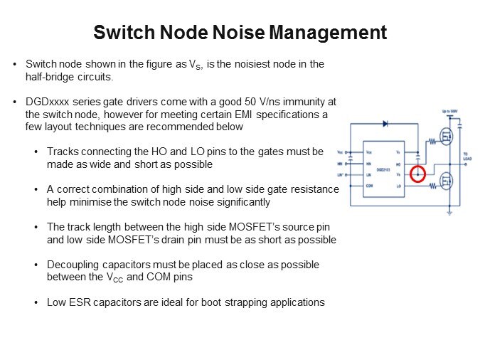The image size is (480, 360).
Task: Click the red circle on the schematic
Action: coord(418,174)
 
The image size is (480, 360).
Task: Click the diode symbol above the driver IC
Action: coord(385,124)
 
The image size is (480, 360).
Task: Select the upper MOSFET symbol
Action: coord(445,137)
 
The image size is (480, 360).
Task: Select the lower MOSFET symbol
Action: coord(445,182)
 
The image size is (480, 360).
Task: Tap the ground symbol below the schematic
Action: coord(449,211)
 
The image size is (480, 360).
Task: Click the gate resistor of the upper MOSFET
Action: coord(430,142)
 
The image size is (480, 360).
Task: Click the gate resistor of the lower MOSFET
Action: coord(430,186)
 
